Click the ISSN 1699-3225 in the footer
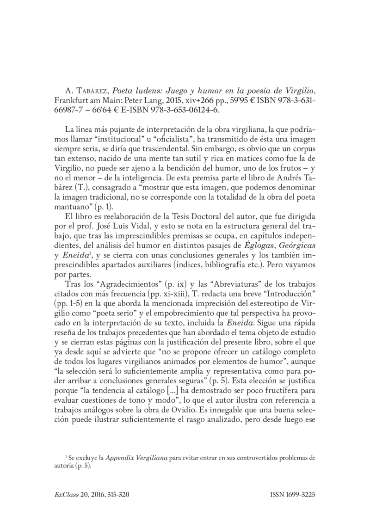coord(292,494)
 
